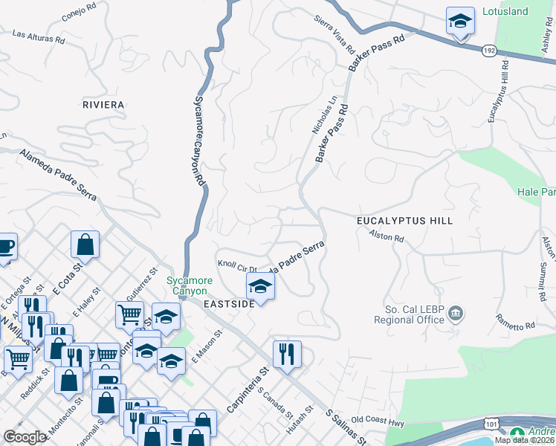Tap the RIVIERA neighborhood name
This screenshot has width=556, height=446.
pos(103,105)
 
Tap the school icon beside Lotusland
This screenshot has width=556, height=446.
pos(460,22)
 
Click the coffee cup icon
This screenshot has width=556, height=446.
pos(4,246)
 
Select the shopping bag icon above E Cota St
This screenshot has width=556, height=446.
pos(85,245)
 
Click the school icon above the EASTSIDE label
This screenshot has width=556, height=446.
pos(260,285)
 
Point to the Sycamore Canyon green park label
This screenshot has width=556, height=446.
pos(189,285)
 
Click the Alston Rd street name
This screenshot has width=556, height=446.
pos(387,237)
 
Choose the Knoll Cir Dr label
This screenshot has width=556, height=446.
pos(237,265)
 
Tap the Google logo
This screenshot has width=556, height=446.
pos(25,437)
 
